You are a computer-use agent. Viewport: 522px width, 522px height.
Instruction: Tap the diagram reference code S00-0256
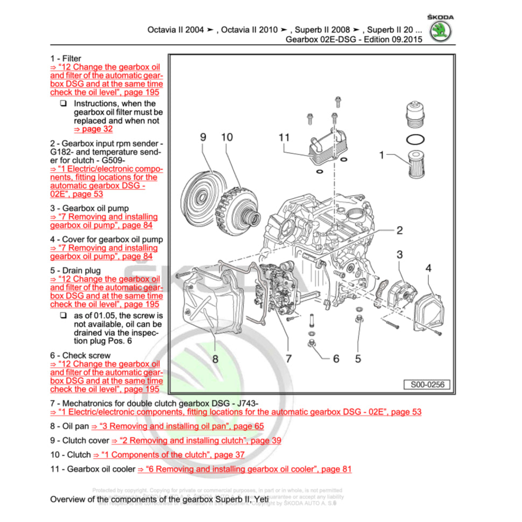[427, 385]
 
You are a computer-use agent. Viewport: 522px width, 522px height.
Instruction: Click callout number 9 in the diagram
[203, 138]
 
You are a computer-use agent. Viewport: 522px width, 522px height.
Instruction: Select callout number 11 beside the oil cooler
[284, 138]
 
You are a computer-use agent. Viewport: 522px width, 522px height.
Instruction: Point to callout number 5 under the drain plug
[358, 358]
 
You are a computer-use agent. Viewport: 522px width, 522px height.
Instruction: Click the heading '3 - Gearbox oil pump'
[89, 208]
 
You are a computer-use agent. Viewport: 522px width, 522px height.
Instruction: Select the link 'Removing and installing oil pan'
[178, 426]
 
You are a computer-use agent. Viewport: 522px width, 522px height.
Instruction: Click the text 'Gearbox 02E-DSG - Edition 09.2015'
[354, 40]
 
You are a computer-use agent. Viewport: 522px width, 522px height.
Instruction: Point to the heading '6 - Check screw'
[80, 355]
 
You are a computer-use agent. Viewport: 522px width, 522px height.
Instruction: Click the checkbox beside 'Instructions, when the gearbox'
[64, 103]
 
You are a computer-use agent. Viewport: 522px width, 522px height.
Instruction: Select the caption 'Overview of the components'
[159, 499]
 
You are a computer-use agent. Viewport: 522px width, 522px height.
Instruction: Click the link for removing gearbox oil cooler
[244, 469]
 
